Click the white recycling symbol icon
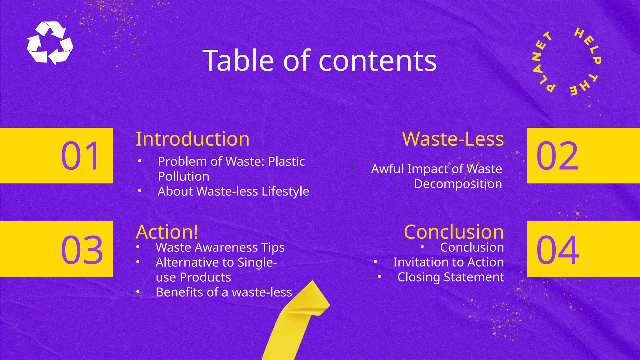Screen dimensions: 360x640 (x=50, y=43)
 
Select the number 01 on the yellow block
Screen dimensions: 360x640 (x=80, y=156)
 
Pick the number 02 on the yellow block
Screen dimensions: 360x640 (x=557, y=156)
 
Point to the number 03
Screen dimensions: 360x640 (x=82, y=250)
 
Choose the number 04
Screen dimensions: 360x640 (x=558, y=250)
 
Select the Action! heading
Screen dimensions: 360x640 (x=167, y=232)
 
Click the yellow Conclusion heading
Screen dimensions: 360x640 (x=454, y=232)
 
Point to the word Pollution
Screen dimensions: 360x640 (x=183, y=177)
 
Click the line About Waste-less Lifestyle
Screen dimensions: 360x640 (x=233, y=191)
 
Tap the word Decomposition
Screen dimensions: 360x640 (x=458, y=184)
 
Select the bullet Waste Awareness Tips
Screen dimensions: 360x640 (x=220, y=247)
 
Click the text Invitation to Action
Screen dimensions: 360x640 (x=448, y=262)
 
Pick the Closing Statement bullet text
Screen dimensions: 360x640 (x=450, y=277)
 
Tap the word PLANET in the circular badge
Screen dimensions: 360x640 (x=541, y=62)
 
